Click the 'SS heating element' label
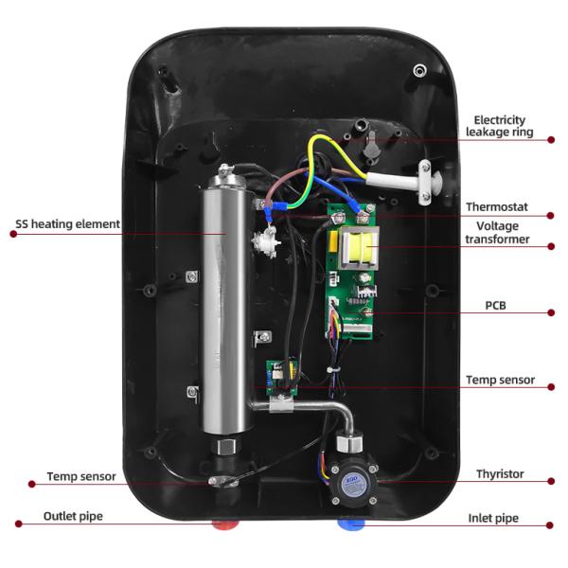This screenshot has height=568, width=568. (x=67, y=224)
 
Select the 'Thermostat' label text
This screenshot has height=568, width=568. (x=496, y=206)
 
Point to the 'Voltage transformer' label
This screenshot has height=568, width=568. (x=497, y=233)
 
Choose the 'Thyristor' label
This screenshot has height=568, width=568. (x=501, y=474)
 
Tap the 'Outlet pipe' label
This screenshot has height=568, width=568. (x=73, y=517)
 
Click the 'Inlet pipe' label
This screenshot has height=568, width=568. (x=494, y=519)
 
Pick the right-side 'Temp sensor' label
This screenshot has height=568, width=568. (x=500, y=380)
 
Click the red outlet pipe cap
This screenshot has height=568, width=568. (x=225, y=522)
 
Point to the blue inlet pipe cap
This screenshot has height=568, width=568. (x=347, y=522)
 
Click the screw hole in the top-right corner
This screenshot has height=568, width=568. (x=418, y=69)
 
